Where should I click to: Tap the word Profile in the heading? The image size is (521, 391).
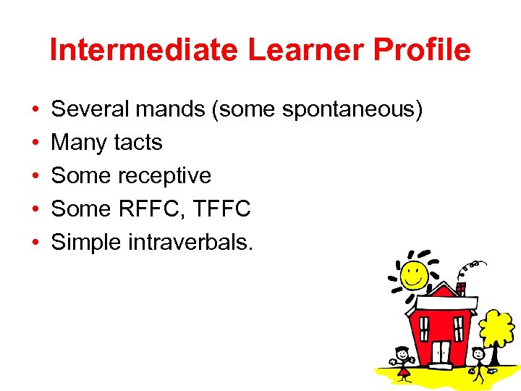click(412, 50)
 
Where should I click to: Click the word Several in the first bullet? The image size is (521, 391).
click(92, 109)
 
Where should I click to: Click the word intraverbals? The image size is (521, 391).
click(190, 243)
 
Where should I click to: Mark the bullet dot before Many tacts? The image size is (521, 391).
click(35, 143)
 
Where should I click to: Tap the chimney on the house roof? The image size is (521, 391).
click(461, 288)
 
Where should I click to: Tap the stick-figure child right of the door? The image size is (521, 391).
click(477, 362)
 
